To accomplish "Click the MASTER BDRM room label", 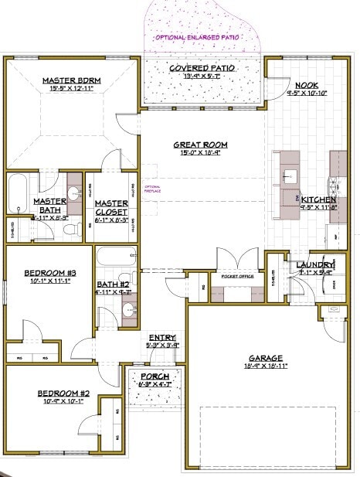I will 68,80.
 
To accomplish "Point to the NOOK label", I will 304,85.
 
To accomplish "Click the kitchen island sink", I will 290,175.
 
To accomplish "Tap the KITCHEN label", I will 318,199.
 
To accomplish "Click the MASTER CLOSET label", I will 111,206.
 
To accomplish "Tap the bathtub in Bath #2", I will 115,256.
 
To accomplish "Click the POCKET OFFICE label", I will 237,276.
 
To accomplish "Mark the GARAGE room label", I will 265,358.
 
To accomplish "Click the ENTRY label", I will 162,337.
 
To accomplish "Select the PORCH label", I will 153,376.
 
